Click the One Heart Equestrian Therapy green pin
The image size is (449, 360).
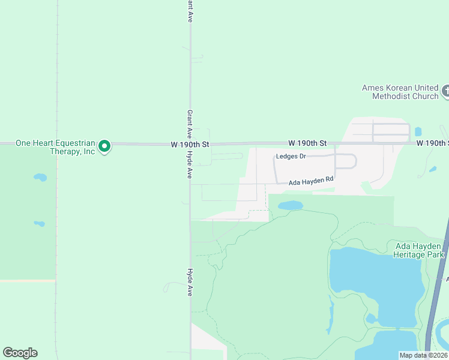(104, 146)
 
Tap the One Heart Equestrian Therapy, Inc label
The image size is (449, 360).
(55, 147)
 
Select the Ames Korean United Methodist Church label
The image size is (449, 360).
(400, 92)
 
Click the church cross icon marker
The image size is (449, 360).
(445, 91)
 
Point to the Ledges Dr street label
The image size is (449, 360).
(291, 157)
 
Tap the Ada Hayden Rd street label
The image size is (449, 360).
(310, 181)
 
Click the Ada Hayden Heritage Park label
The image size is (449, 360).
(418, 250)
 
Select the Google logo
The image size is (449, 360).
(20, 353)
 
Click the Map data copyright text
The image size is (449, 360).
(423, 355)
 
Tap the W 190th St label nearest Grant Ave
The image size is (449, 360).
(190, 144)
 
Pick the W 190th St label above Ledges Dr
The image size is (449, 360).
(307, 143)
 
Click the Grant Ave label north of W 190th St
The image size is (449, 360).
(189, 123)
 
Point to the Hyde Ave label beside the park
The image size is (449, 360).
(189, 282)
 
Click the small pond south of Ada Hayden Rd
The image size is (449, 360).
(291, 206)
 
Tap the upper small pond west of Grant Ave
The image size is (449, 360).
(40, 178)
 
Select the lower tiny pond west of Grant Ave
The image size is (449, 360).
(40, 224)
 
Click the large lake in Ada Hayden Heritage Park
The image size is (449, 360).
(372, 273)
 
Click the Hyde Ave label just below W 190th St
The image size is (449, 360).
(189, 164)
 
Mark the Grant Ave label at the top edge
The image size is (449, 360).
(189, 11)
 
